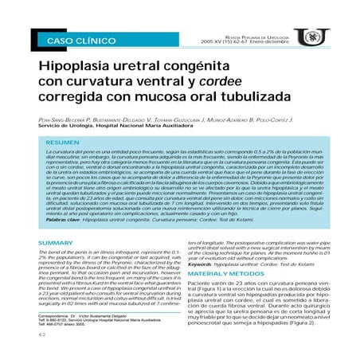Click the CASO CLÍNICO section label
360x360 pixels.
[x=80, y=39]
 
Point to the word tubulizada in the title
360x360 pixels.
[x=248, y=95]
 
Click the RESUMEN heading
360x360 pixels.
[x=65, y=140]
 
